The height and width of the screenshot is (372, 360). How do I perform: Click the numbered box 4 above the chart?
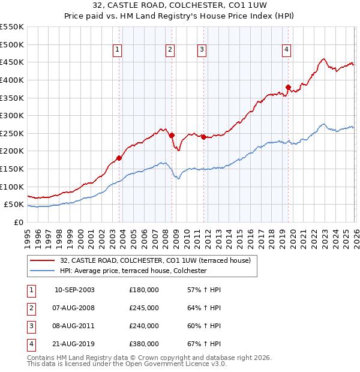(287, 50)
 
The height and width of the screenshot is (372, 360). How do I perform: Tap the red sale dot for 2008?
(172, 135)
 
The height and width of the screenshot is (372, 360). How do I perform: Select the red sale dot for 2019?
(288, 88)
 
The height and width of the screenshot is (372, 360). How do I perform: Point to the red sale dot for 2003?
(119, 158)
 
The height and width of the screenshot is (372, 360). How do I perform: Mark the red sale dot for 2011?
(203, 137)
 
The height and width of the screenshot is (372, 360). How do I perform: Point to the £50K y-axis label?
(14, 205)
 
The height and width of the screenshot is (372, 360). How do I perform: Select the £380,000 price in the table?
(144, 344)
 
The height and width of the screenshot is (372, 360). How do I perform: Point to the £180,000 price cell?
(144, 290)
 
